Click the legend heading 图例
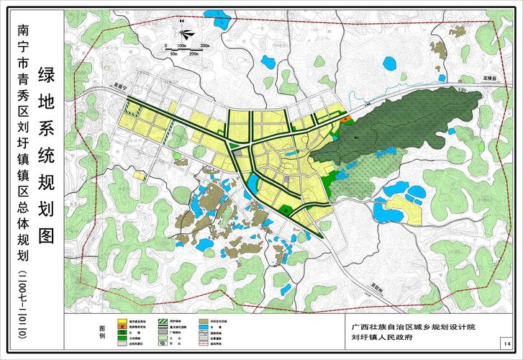101,332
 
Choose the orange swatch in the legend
123,328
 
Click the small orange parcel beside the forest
347,118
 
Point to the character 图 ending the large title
47,235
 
